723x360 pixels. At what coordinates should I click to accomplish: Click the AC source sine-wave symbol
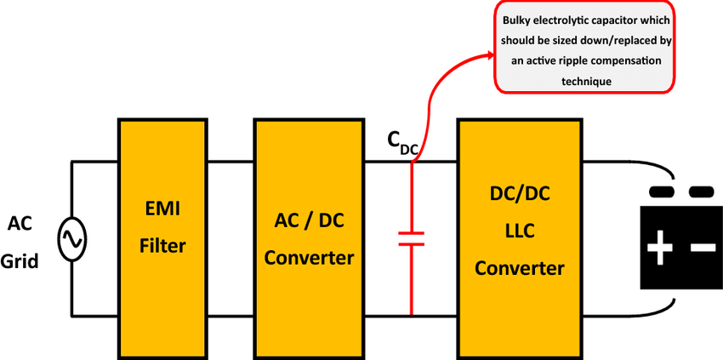71,238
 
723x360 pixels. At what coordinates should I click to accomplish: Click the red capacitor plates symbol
411,237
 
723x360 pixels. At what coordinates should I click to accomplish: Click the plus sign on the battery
659,249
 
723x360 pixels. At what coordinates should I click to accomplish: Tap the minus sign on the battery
703,248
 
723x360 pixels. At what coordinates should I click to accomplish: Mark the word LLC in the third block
518,231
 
